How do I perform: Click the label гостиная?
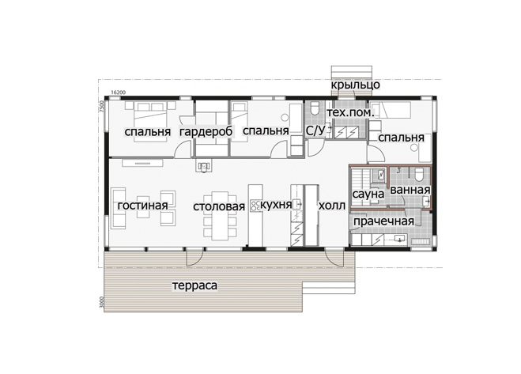(x=142, y=205)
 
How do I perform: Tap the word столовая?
(x=219, y=206)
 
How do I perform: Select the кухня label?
(x=276, y=205)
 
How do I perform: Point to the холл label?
(x=332, y=206)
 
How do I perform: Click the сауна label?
(x=368, y=195)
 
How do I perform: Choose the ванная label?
(x=410, y=190)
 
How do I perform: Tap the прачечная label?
(x=383, y=221)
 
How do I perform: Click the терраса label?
(x=194, y=285)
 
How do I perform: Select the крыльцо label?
(x=355, y=85)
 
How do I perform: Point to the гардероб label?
(x=206, y=131)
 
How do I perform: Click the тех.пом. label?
(x=350, y=113)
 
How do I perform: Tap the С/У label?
(x=315, y=130)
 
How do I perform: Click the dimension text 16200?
(x=119, y=93)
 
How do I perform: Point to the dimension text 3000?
(x=102, y=303)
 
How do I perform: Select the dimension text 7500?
(x=102, y=107)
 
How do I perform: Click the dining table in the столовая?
(x=220, y=215)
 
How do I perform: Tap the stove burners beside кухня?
(x=255, y=206)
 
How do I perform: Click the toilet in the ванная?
(x=419, y=174)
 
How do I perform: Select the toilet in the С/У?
(x=315, y=108)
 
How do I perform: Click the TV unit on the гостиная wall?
(x=142, y=163)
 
